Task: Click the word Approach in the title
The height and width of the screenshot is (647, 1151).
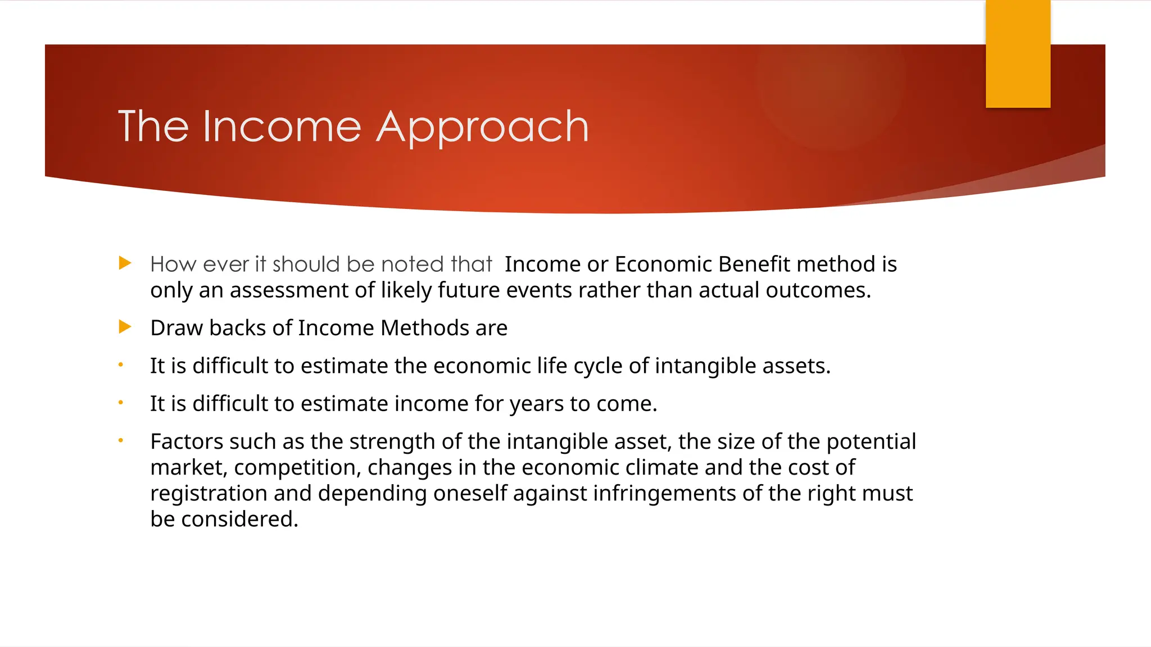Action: pos(482,128)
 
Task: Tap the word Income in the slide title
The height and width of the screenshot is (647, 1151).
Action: pos(282,127)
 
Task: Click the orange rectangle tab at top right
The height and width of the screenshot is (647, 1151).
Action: pos(1018,53)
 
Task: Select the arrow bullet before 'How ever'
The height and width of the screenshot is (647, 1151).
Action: pos(125,263)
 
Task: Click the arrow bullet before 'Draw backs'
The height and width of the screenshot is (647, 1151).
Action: pos(125,327)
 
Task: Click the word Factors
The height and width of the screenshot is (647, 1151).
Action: pos(187,441)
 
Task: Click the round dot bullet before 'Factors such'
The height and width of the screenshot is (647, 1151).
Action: pos(120,441)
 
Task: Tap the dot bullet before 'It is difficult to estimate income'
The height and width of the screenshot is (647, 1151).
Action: pos(120,403)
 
